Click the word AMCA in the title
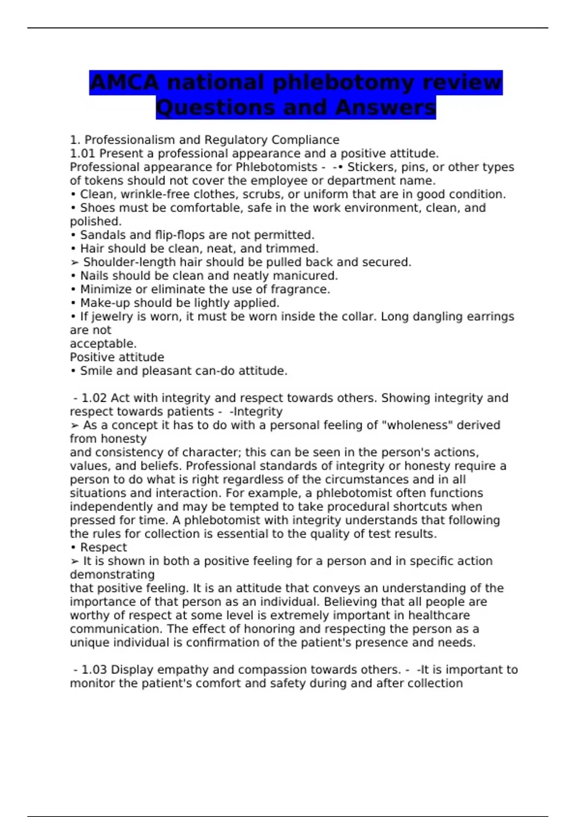(x=124, y=82)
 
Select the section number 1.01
(x=83, y=153)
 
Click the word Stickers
(x=368, y=167)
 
